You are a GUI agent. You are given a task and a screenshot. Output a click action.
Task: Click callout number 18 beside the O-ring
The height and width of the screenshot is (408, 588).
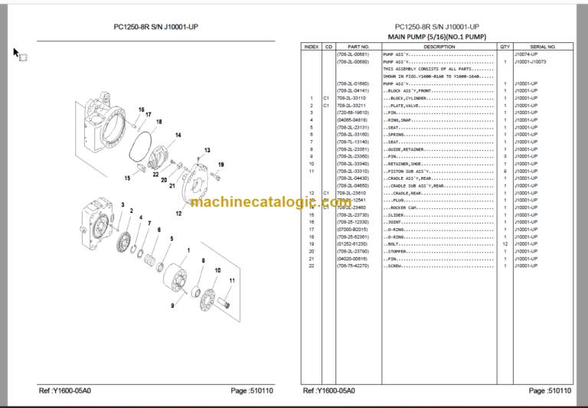tap(158, 122)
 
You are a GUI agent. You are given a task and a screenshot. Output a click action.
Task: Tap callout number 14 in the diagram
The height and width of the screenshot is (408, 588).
tap(178, 135)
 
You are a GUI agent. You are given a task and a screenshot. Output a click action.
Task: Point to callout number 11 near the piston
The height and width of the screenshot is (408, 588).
tap(232, 282)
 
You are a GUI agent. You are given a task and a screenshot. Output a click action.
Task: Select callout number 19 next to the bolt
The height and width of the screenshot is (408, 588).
tap(221, 165)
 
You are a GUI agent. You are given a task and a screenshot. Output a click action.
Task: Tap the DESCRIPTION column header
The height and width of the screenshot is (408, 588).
tap(439, 47)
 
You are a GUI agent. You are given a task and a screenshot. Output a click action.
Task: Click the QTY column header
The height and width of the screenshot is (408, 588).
tap(505, 47)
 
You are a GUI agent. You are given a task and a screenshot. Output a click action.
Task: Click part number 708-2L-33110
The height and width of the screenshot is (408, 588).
tap(351, 99)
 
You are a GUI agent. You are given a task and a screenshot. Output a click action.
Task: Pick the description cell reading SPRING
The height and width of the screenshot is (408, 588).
tap(398, 135)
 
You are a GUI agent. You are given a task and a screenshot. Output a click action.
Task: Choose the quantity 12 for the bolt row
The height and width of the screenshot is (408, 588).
tap(505, 243)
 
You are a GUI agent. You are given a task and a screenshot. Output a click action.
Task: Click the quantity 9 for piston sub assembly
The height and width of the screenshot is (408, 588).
tap(505, 171)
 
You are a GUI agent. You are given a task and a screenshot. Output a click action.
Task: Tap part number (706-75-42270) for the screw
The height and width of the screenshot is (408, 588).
tap(352, 265)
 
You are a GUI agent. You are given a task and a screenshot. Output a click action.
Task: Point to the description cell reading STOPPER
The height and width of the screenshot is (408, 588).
tap(400, 251)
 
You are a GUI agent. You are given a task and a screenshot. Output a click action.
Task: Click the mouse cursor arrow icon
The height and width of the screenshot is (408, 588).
tap(15, 52)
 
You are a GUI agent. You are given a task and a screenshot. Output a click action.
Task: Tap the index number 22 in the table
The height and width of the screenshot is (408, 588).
tap(312, 265)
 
